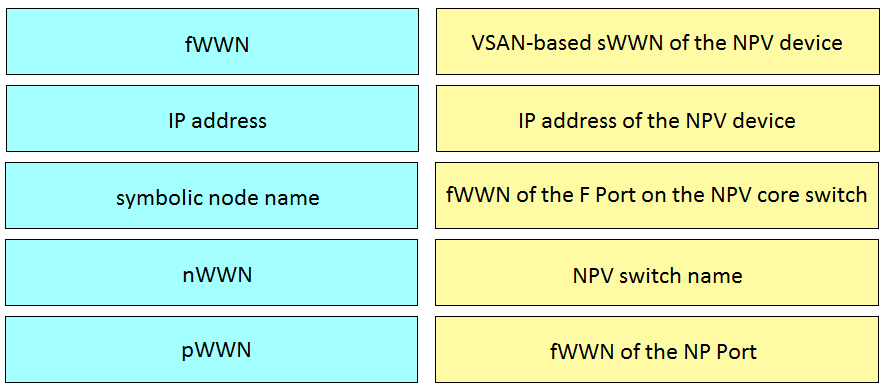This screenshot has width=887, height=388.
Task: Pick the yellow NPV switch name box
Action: click(x=657, y=273)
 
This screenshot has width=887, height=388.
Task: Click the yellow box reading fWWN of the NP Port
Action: click(x=657, y=350)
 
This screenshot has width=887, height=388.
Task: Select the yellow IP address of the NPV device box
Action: click(x=657, y=120)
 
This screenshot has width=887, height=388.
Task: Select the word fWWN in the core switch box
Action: click(x=477, y=194)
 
